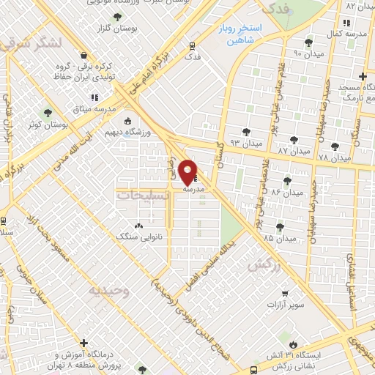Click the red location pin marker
(188, 172)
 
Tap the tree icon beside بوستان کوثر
(48, 113)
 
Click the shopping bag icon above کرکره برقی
(83, 55)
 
